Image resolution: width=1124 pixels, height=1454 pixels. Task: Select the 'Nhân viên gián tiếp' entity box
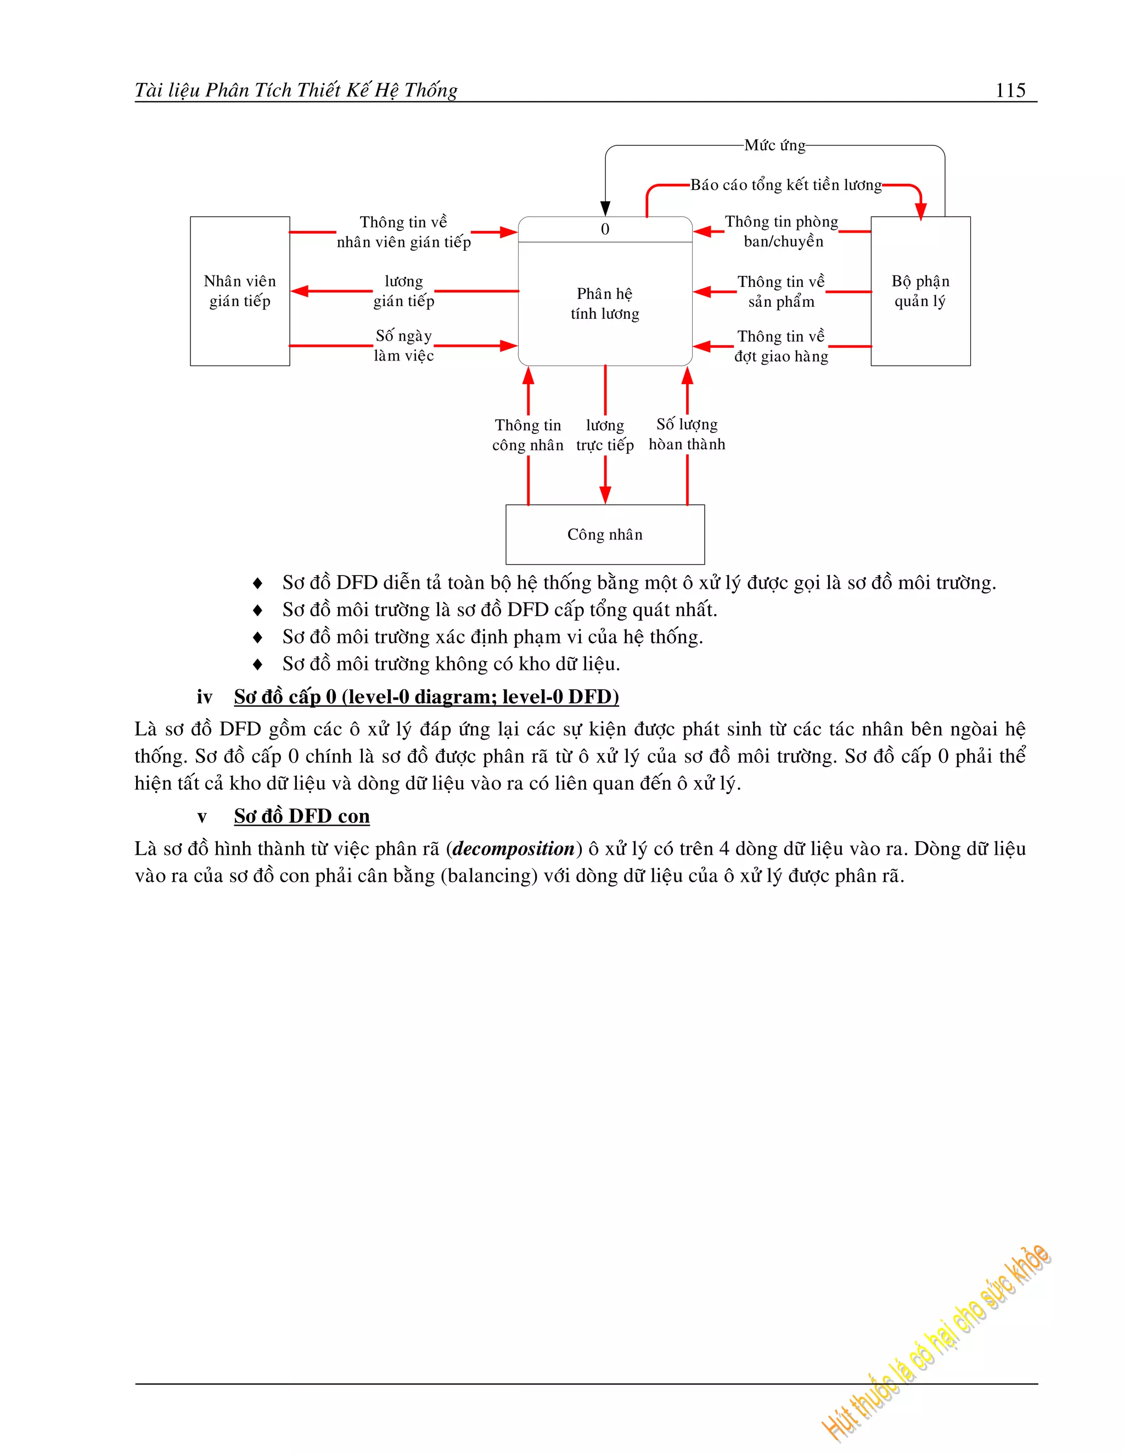tap(240, 291)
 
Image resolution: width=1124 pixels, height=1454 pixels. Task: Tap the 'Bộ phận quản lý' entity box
tap(920, 291)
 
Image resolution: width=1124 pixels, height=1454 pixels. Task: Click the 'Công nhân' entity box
tap(605, 534)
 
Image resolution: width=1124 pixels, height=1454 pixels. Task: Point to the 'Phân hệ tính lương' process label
tap(605, 303)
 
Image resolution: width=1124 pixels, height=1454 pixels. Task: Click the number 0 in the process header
tap(605, 229)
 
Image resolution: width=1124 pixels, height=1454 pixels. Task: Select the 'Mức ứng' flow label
tap(774, 145)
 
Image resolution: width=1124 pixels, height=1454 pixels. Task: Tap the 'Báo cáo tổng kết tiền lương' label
tap(786, 185)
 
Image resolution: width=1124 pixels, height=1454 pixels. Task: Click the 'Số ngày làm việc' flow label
tap(403, 346)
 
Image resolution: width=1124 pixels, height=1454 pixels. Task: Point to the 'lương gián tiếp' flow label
tap(403, 291)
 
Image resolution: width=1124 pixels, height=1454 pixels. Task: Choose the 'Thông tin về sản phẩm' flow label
tap(781, 291)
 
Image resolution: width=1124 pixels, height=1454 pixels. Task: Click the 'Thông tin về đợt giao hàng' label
tap(781, 346)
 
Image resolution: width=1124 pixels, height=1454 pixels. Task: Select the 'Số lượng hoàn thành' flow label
tap(687, 434)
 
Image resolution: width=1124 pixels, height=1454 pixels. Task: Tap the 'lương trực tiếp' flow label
tap(605, 435)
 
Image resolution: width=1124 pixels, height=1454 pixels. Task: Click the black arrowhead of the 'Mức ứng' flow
tap(605, 208)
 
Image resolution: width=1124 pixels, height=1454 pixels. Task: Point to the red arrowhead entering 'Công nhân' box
tap(605, 495)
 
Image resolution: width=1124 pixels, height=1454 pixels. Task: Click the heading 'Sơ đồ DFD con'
tap(302, 816)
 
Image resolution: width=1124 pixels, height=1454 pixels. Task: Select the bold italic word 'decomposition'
tap(513, 849)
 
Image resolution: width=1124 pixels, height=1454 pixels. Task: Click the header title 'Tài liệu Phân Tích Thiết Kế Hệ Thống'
tap(296, 90)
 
